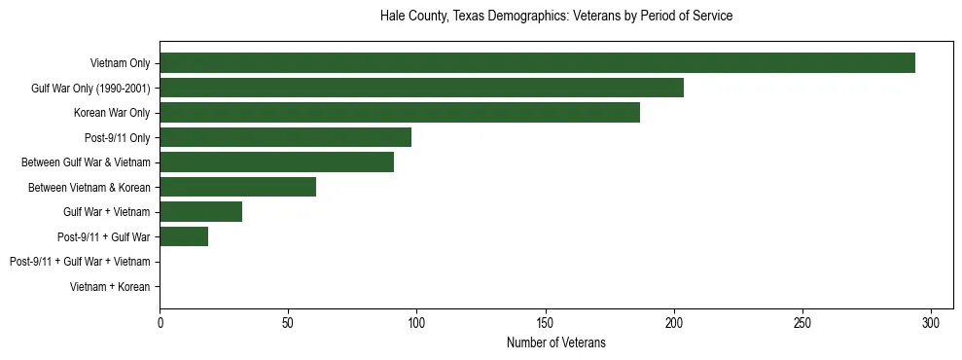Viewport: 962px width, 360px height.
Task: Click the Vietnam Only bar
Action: tap(537, 63)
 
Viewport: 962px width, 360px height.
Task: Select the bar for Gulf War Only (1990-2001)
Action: tap(421, 88)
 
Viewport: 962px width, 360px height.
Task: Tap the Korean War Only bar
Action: tap(400, 113)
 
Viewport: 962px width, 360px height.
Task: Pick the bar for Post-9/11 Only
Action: tap(285, 137)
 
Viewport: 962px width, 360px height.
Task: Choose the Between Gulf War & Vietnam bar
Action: tap(276, 162)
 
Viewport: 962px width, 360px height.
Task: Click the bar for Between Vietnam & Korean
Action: tap(237, 187)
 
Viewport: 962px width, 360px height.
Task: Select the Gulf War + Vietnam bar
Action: tap(200, 212)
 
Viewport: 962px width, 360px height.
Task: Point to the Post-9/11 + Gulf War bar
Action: tap(184, 236)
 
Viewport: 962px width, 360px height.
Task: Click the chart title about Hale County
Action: tap(555, 17)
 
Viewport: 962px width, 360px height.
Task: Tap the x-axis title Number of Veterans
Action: tap(555, 342)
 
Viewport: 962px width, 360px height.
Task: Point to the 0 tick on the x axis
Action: tap(160, 322)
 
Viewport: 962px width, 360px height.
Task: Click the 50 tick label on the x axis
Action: tap(288, 322)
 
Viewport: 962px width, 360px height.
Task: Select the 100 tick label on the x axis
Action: tap(416, 322)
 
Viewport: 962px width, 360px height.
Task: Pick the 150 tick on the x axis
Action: tap(545, 322)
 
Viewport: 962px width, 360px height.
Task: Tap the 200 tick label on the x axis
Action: tap(674, 322)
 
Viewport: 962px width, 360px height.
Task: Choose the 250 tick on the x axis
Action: tap(802, 322)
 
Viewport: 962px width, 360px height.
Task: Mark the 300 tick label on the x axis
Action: tap(931, 322)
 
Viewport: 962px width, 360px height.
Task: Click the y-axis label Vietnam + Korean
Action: tap(110, 287)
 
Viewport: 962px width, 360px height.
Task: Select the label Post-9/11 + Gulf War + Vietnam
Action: tap(80, 262)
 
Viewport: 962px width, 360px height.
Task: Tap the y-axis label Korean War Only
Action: tap(112, 113)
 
